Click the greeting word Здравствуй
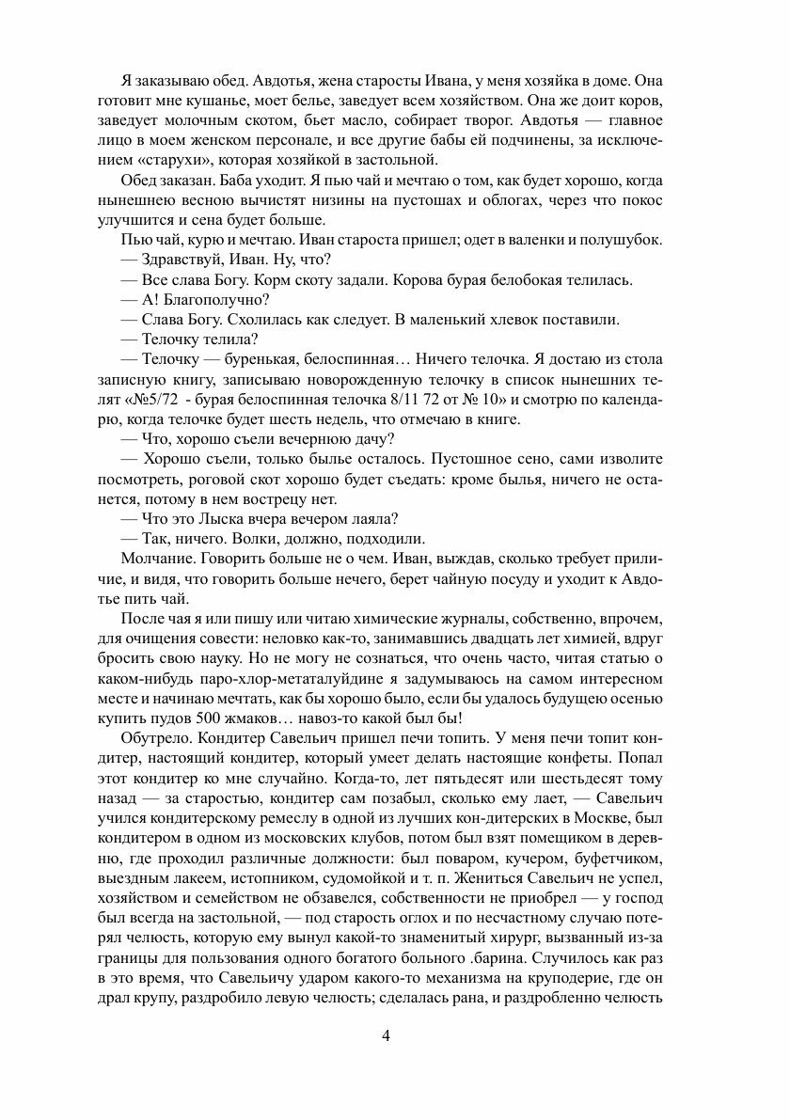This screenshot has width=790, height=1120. click(183, 259)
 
